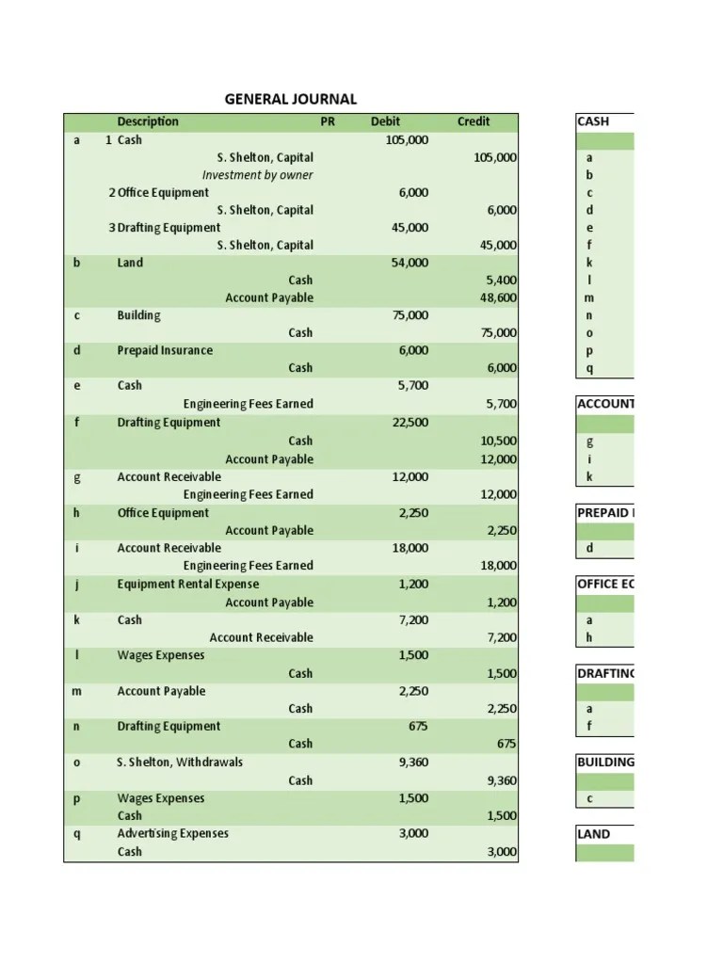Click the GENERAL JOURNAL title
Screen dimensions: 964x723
pos(290,99)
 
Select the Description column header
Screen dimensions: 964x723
pos(148,121)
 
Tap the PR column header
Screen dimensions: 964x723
pos(328,121)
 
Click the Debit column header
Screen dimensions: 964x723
pos(385,121)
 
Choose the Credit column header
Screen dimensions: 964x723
pos(474,121)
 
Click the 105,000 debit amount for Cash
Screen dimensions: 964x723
pos(407,140)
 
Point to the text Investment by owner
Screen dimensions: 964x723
pos(257,175)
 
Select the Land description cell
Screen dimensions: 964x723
pos(130,263)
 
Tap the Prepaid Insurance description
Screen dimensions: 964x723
pos(165,350)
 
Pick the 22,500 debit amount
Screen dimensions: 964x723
pos(410,423)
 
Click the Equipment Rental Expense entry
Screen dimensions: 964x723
pos(187,584)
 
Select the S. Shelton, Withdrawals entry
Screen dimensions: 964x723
pos(180,762)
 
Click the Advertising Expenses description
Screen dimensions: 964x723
pos(172,833)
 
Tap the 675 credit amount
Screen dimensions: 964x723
pos(507,744)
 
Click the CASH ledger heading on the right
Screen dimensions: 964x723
pos(593,121)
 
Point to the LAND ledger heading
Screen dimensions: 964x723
pos(593,834)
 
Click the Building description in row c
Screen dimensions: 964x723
pos(138,315)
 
